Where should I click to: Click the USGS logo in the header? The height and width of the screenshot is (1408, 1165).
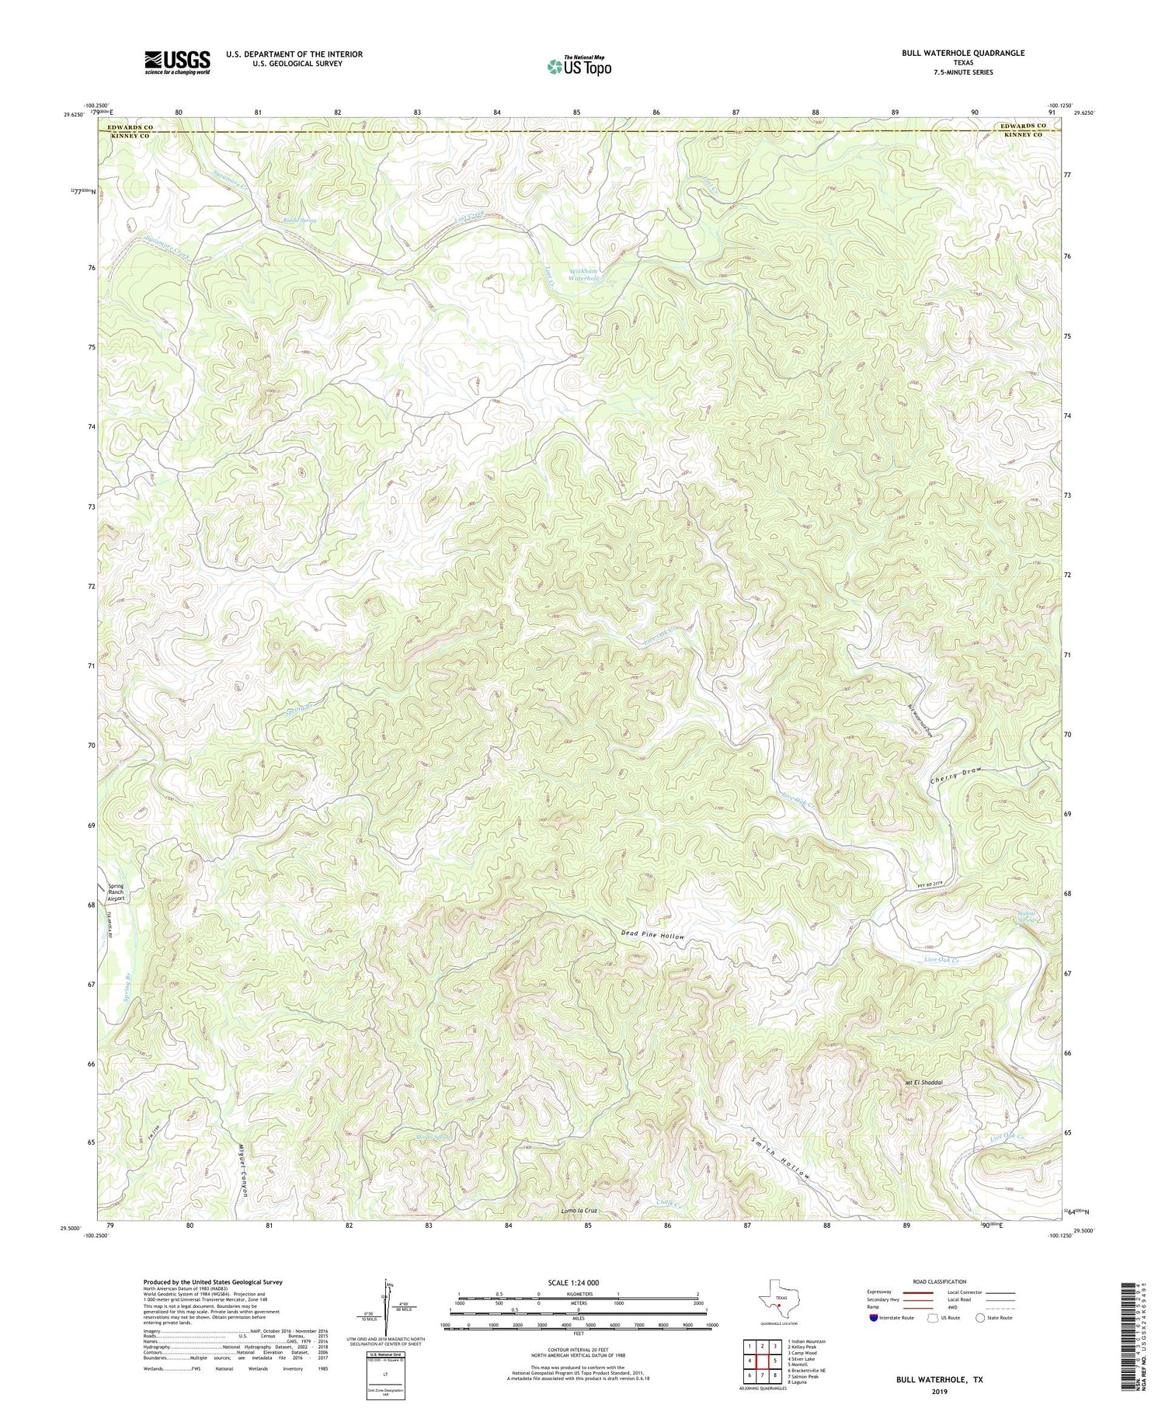click(177, 62)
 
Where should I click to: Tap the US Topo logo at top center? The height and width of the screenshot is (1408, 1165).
click(579, 66)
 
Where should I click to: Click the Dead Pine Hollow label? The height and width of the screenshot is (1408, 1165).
click(652, 936)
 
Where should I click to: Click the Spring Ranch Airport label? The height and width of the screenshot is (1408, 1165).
click(115, 892)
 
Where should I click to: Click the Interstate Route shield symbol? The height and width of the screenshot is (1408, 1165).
click(874, 1318)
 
